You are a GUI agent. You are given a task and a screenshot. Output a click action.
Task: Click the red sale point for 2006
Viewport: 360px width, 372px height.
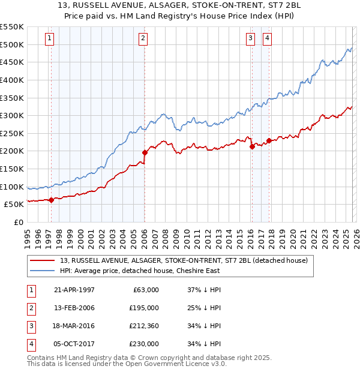tap(145, 152)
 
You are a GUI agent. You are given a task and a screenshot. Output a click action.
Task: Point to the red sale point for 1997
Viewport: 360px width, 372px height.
tap(51, 200)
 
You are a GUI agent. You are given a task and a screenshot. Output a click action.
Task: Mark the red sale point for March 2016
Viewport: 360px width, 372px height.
tap(252, 146)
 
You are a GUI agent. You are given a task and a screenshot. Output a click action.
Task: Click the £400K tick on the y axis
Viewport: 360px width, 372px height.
tap(12, 80)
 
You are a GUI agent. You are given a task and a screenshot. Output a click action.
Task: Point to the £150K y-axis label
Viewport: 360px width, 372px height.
tap(12, 169)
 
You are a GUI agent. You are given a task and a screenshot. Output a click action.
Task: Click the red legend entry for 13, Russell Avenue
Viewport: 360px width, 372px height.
tap(183, 260)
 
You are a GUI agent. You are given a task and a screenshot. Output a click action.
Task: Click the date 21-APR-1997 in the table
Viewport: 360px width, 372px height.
tap(74, 290)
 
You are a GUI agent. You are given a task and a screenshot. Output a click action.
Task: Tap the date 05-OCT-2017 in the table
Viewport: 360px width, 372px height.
tap(74, 344)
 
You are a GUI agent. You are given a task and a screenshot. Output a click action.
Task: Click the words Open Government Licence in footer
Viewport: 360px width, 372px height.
tap(173, 364)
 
